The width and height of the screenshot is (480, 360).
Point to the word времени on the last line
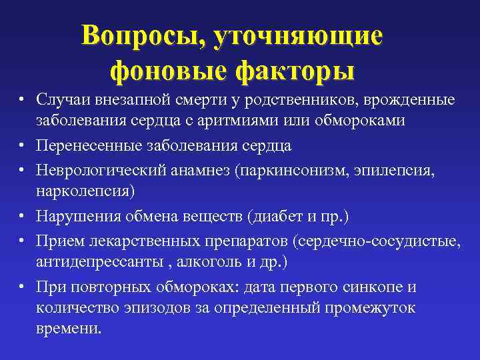pos(70,329)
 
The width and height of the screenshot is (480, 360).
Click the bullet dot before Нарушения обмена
pos(22,216)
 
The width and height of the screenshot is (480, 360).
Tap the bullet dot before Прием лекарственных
pos(22,240)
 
